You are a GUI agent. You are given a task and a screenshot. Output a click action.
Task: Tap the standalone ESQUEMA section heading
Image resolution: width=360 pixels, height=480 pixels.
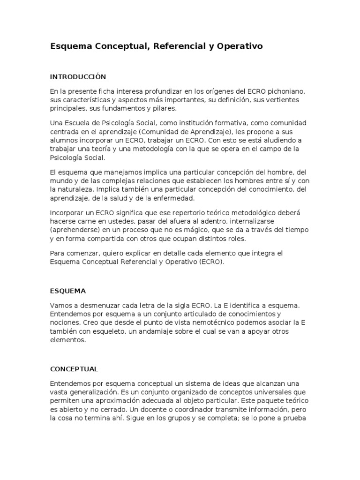tap(68, 291)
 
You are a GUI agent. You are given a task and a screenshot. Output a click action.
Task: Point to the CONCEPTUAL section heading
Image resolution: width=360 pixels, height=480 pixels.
tap(74, 369)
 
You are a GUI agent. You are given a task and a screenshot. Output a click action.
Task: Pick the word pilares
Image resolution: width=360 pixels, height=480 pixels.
tap(165, 109)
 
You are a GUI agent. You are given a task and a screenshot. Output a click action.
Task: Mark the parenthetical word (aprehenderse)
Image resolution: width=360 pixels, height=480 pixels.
tap(75, 230)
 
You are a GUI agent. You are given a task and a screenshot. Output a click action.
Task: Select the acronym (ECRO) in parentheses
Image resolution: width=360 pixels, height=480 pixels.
tap(212, 262)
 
